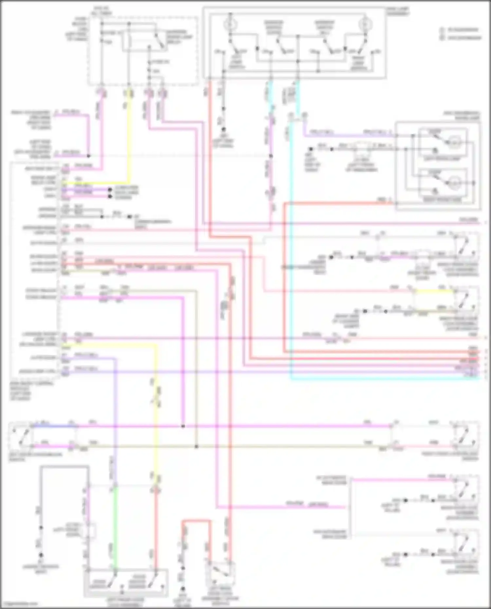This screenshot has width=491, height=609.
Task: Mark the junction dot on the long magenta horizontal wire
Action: [x=183, y=426]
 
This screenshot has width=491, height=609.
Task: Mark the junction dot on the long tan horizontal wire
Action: [x=196, y=446]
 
